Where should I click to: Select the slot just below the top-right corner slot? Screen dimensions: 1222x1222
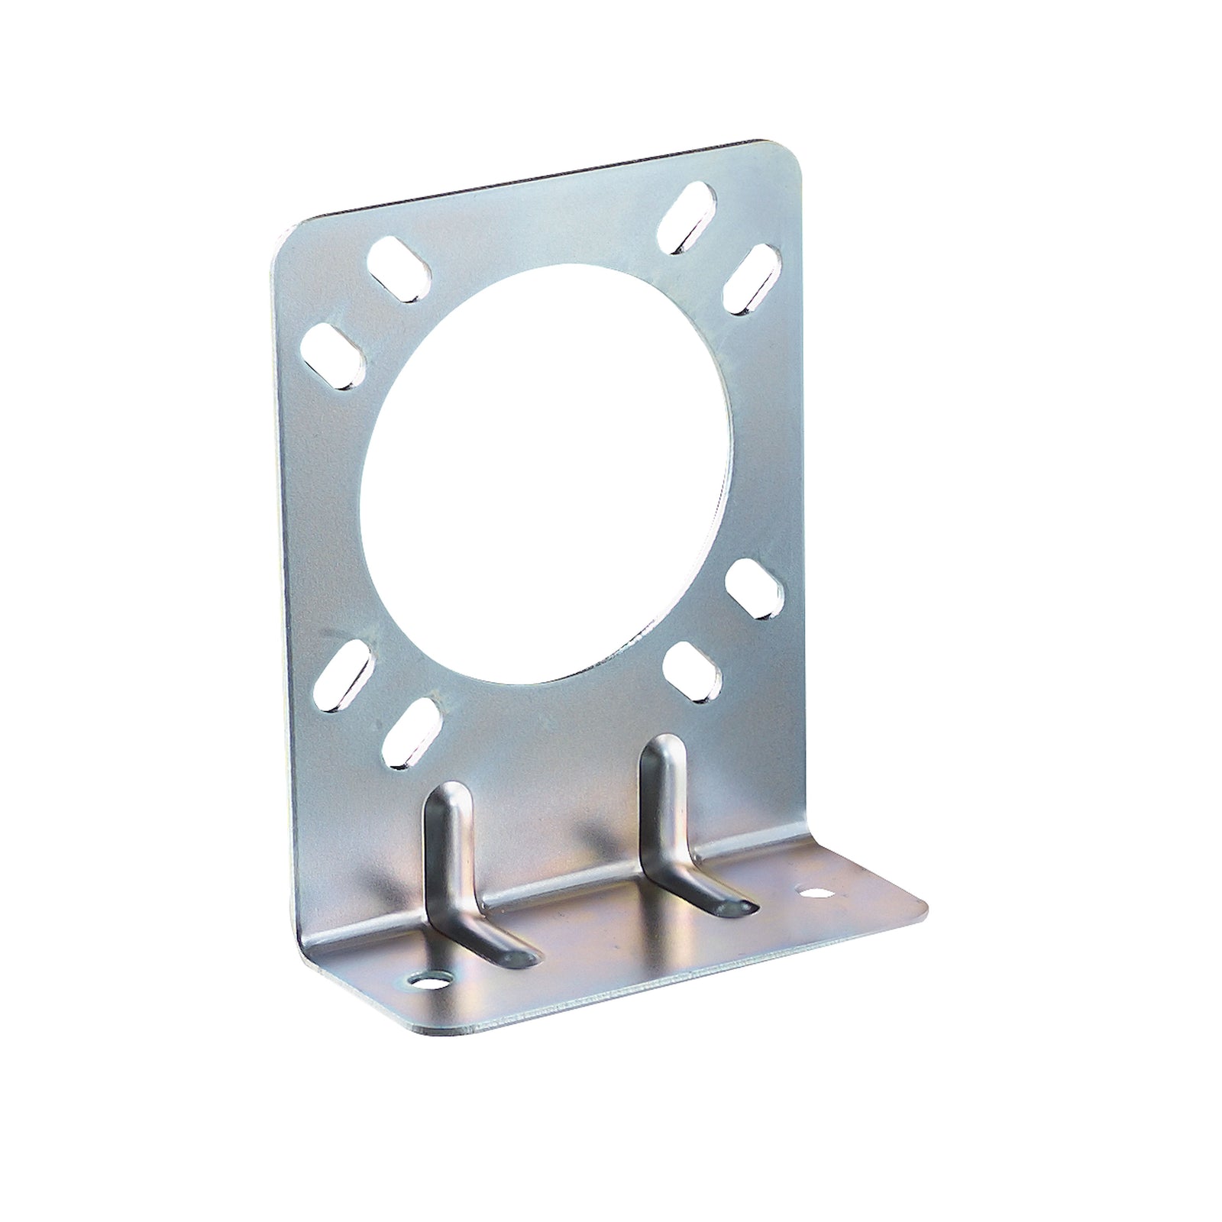pos(751,279)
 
